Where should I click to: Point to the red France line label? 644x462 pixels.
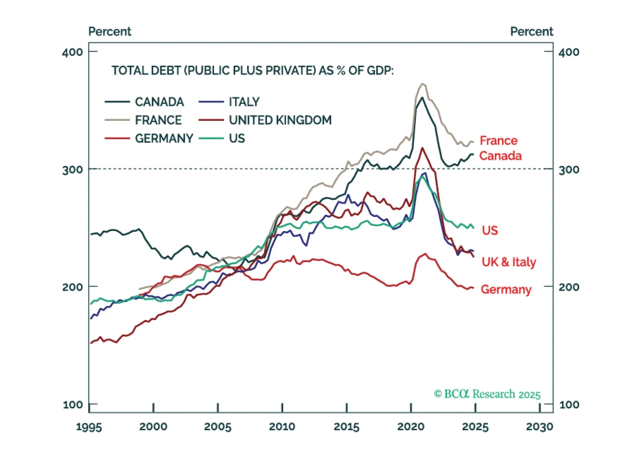pyautogui.click(x=498, y=141)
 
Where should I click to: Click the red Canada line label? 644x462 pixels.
pyautogui.click(x=500, y=156)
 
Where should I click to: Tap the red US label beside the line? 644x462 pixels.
pyautogui.click(x=490, y=230)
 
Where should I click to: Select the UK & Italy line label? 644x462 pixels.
pyautogui.click(x=509, y=262)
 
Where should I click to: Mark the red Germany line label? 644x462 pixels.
pyautogui.click(x=506, y=290)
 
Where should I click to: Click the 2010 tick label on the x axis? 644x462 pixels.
pyautogui.click(x=282, y=426)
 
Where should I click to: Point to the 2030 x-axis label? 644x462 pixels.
pyautogui.click(x=539, y=426)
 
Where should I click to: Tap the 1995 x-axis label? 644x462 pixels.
pyautogui.click(x=89, y=426)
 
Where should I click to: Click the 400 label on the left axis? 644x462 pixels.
pyautogui.click(x=72, y=52)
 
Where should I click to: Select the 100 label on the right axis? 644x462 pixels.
pyautogui.click(x=569, y=404)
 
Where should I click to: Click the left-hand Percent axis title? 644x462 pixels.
pyautogui.click(x=109, y=31)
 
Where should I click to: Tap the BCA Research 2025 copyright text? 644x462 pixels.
pyautogui.click(x=487, y=394)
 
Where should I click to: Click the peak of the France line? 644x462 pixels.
pyautogui.click(x=423, y=84)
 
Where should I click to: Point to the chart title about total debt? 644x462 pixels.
pyautogui.click(x=252, y=71)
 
